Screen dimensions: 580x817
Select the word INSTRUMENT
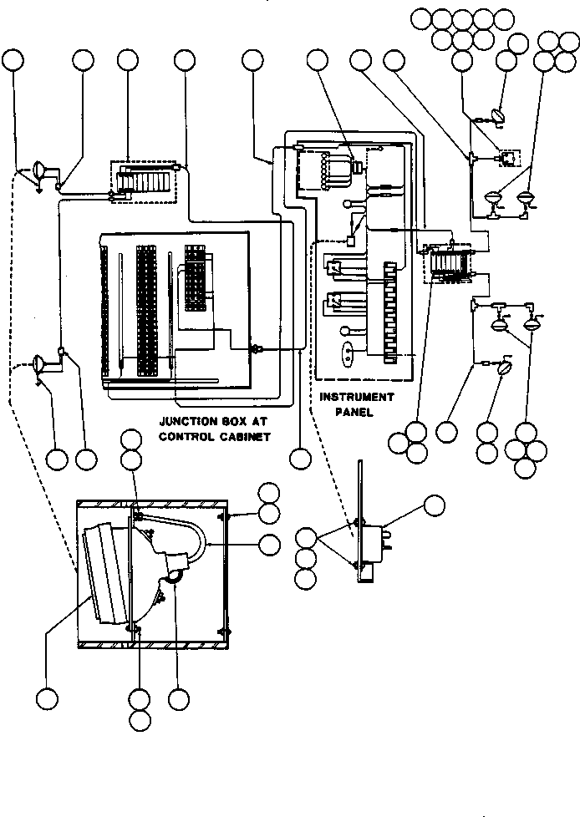[x=357, y=397]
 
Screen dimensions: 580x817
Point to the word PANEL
[x=354, y=412]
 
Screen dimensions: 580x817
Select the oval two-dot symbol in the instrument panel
[x=348, y=353]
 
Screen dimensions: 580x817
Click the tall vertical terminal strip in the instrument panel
[x=390, y=312]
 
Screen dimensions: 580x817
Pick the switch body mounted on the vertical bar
[x=373, y=545]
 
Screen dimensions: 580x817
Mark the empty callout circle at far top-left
[x=13, y=60]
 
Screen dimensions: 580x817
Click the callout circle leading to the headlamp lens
[x=47, y=698]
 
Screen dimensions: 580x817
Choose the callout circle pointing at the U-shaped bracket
[x=269, y=545]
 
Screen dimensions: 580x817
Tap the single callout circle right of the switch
[x=435, y=505]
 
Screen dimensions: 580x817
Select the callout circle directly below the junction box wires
[x=300, y=459]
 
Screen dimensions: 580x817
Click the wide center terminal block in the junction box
[x=147, y=311]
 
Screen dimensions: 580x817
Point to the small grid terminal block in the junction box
[x=195, y=278]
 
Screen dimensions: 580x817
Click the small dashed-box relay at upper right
[x=510, y=158]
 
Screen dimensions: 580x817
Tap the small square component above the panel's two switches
[x=351, y=241]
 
